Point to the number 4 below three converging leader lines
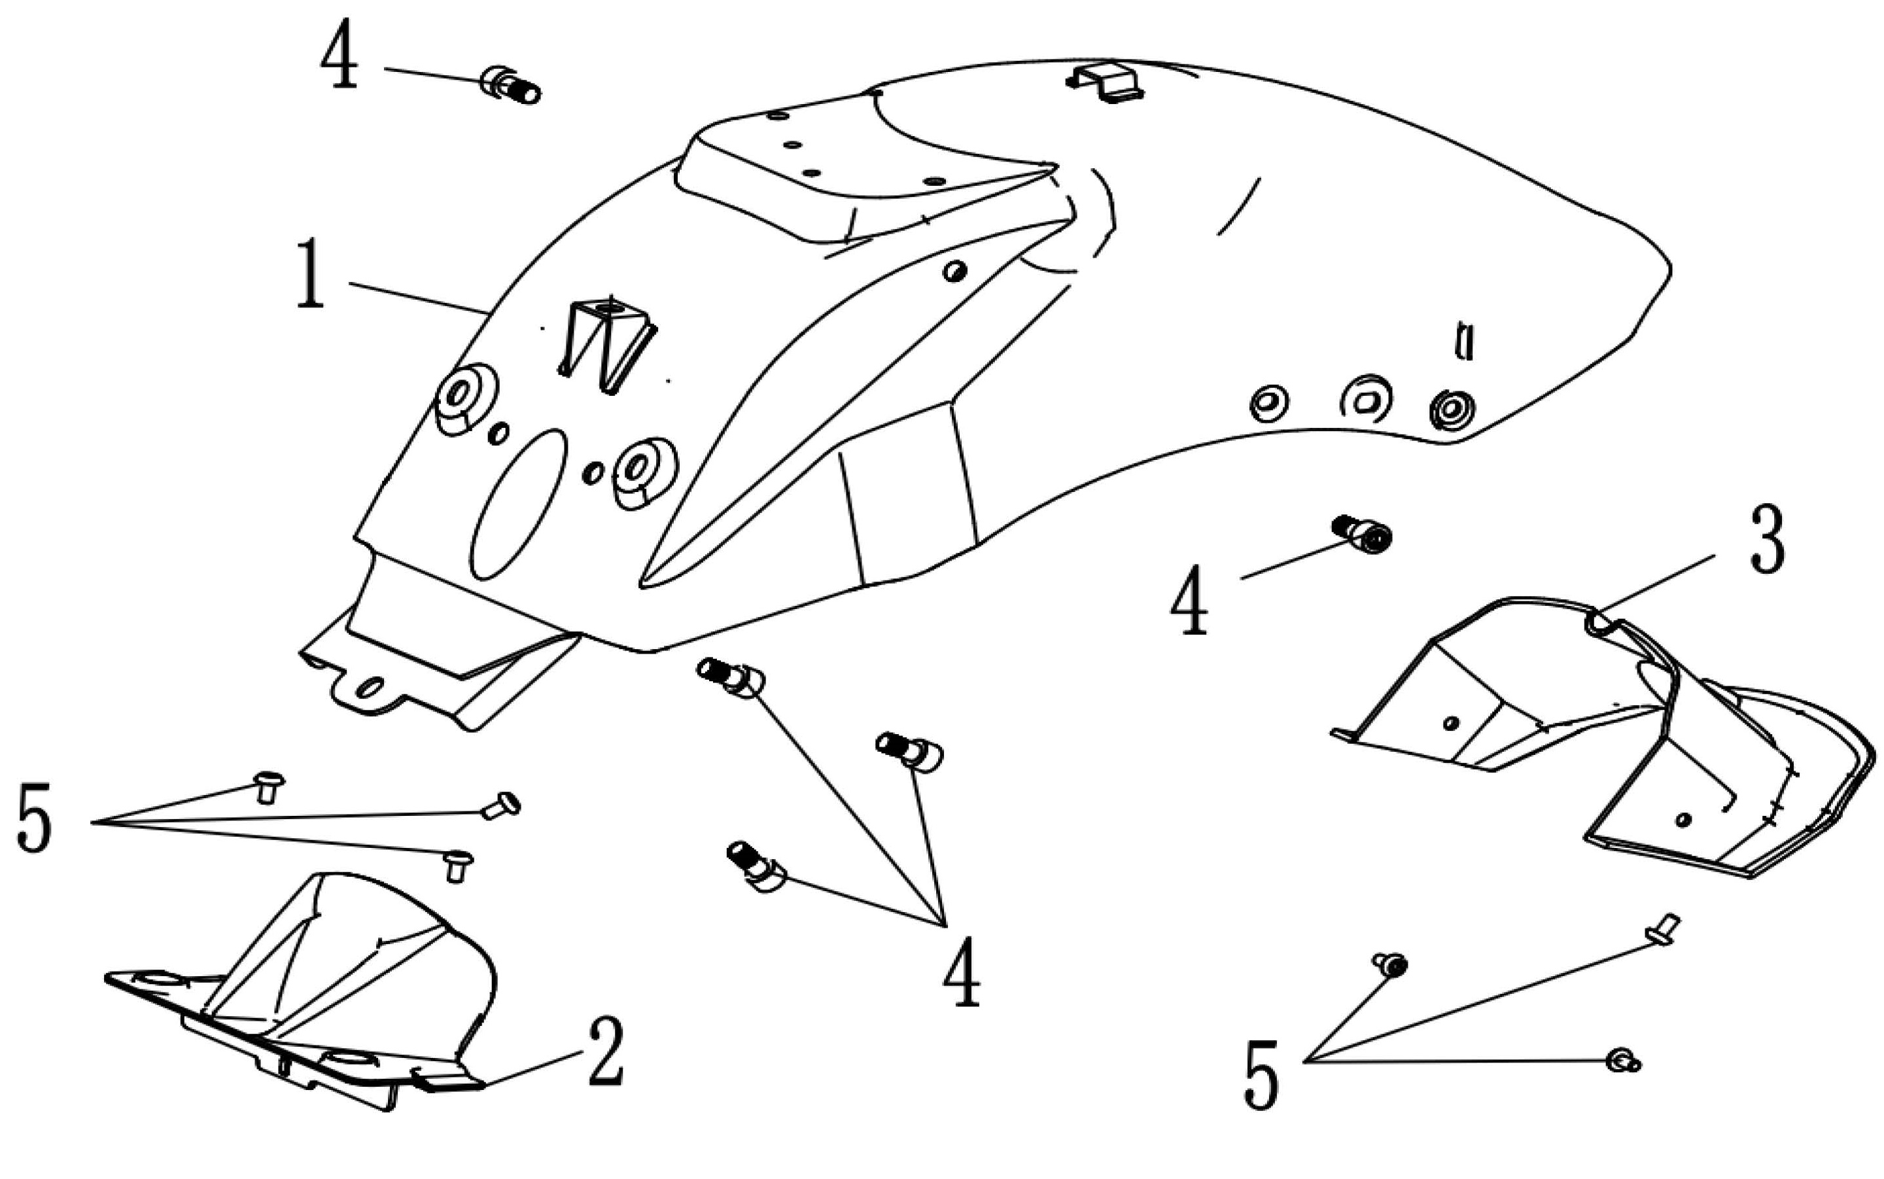point(961,972)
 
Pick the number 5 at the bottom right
point(1261,1074)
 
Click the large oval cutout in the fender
point(518,504)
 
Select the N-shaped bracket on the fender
point(607,342)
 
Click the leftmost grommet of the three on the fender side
point(1268,402)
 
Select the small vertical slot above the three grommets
point(1465,342)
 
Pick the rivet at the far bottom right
point(1623,1061)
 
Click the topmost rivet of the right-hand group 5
point(1662,930)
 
